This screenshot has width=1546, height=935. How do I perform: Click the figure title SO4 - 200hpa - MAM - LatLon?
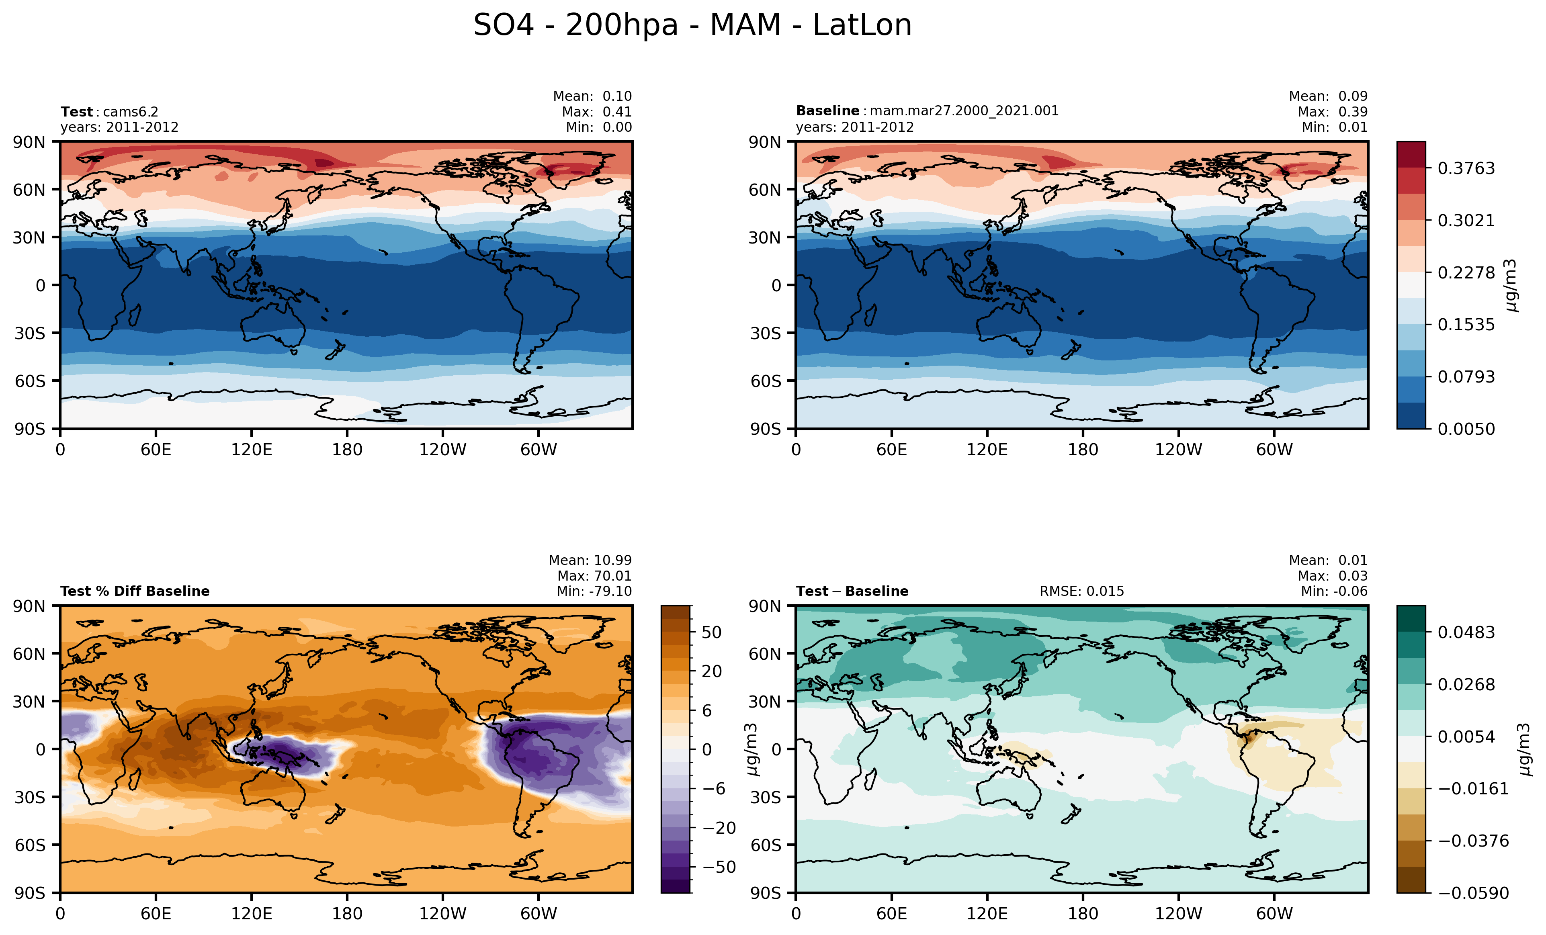[692, 26]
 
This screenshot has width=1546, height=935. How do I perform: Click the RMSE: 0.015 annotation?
[1082, 591]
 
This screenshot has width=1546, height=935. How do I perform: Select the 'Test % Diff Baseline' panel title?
[135, 591]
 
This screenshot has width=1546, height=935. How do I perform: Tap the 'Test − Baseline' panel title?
[852, 591]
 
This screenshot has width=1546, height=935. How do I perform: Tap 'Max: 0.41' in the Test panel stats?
[596, 112]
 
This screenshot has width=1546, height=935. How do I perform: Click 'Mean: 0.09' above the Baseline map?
[1328, 96]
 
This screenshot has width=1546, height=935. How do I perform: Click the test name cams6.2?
[131, 112]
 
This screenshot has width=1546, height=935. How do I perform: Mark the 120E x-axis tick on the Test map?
[252, 450]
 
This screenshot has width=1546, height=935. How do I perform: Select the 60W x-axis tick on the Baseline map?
[1274, 450]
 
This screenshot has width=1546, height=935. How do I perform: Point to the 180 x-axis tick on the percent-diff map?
[347, 914]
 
